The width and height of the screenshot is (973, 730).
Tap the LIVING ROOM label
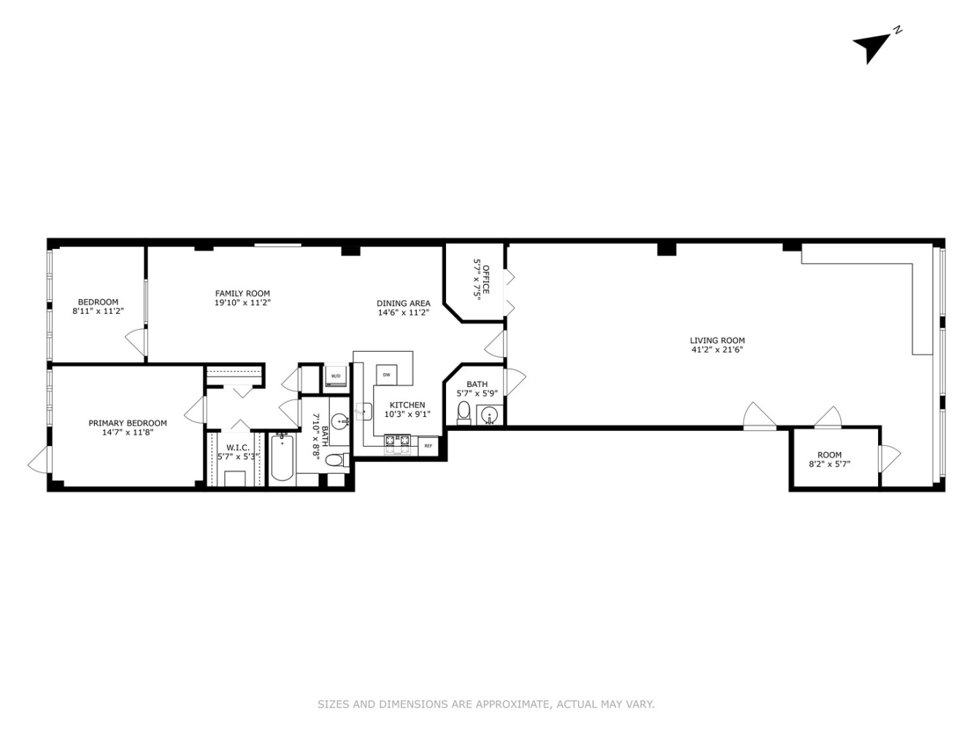[x=717, y=340]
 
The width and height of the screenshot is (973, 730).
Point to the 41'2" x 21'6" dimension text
[x=717, y=350]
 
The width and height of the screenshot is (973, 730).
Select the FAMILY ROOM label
[x=242, y=293]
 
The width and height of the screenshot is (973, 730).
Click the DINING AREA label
[x=403, y=304]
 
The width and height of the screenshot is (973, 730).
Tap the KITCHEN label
[x=407, y=405]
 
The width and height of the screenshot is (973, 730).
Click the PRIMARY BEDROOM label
[x=128, y=423]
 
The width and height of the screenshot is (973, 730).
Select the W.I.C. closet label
[x=238, y=447]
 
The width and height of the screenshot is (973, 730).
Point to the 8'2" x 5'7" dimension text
[x=829, y=464]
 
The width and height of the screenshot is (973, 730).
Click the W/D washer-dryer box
[x=336, y=376]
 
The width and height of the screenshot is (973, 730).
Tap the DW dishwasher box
[x=386, y=374]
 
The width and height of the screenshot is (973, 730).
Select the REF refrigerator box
[x=428, y=445]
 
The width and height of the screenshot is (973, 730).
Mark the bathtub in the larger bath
[x=282, y=458]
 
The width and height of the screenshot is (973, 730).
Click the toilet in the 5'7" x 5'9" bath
[x=464, y=413]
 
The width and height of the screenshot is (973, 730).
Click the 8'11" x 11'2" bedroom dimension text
[x=98, y=311]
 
